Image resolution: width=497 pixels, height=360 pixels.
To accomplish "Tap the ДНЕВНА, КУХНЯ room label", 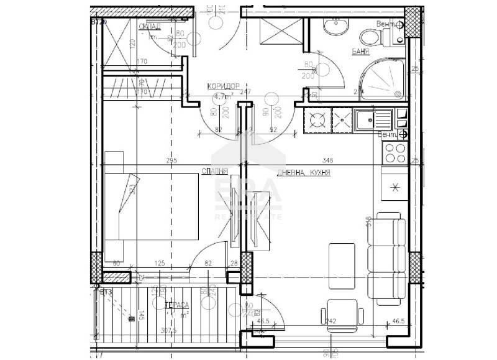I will pos(303,173).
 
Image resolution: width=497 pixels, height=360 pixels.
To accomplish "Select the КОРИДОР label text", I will pos(224,88).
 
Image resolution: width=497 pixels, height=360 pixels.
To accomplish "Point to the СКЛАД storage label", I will pos(150,26).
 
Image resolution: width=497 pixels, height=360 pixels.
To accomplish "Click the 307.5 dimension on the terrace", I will pos(164,331).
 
